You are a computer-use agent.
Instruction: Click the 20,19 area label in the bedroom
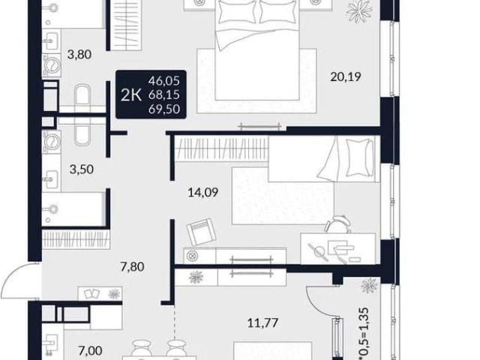point(346,76)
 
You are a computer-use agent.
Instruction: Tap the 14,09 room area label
point(203,193)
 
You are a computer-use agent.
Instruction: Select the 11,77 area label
point(263,322)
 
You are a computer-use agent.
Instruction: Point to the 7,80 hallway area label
point(132,267)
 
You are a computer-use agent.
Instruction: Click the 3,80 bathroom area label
point(79,55)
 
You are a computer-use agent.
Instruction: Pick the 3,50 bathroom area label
point(82,169)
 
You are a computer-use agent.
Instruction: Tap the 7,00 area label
point(90,350)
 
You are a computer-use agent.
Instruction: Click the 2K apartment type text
point(131,95)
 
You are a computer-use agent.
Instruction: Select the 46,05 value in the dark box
point(164,81)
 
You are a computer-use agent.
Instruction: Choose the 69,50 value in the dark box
point(164,109)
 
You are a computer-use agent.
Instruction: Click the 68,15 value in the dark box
point(164,95)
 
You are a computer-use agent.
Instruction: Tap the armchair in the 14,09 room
point(201,232)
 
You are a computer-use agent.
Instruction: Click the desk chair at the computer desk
point(338,224)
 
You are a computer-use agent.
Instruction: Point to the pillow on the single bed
point(360,157)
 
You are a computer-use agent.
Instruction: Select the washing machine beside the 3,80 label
point(52,65)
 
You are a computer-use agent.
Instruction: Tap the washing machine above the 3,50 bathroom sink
point(52,140)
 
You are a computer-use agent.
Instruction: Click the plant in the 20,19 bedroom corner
point(359,9)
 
